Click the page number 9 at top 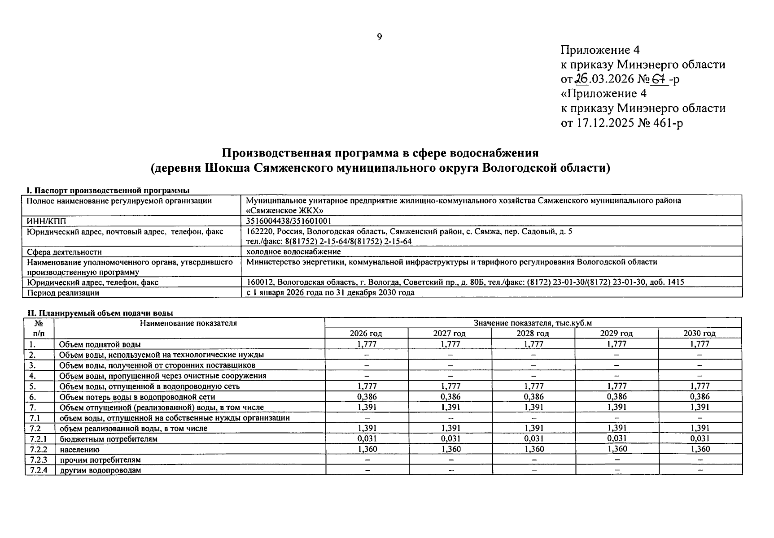point(379,37)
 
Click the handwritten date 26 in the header point(582,79)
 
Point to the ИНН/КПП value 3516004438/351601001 point(289,221)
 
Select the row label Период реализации point(63,293)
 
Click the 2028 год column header point(533,334)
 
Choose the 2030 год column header point(700,334)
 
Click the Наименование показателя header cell point(188,323)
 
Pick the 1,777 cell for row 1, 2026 point(367,344)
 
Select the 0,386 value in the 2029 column point(617,397)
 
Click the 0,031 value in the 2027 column point(450,439)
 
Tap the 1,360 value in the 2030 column point(700,449)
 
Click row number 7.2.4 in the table point(39,470)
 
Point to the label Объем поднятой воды point(100,344)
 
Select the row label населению point(79,450)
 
